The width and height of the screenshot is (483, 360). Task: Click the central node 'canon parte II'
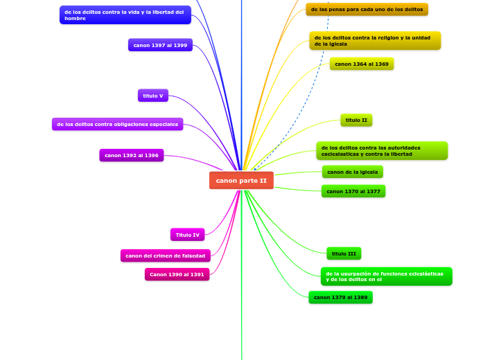(241, 181)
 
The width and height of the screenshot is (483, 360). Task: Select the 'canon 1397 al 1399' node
(160, 45)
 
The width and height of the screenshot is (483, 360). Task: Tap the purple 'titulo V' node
(153, 96)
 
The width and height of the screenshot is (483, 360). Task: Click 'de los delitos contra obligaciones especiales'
(117, 125)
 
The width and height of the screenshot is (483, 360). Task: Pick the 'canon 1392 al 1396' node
(132, 156)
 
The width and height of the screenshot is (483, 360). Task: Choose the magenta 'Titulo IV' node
(187, 235)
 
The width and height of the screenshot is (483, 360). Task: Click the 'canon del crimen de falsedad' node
(165, 256)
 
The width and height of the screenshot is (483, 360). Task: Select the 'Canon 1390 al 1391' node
(177, 275)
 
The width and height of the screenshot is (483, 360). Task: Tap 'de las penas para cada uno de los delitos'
(367, 10)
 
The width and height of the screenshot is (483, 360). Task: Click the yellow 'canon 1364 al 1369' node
(362, 64)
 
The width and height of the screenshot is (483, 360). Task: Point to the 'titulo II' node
(356, 120)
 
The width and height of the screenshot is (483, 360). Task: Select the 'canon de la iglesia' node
(352, 172)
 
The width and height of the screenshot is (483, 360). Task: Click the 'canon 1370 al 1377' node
(353, 191)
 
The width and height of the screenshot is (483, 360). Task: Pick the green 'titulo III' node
(344, 254)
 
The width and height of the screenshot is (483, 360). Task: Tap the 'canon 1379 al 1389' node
(340, 298)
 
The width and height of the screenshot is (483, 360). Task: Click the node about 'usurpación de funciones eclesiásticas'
(386, 276)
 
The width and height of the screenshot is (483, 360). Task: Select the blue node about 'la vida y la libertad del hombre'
(125, 15)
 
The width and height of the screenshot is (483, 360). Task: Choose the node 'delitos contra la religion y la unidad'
(374, 41)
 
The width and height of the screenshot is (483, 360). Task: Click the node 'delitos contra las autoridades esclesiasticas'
(381, 151)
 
